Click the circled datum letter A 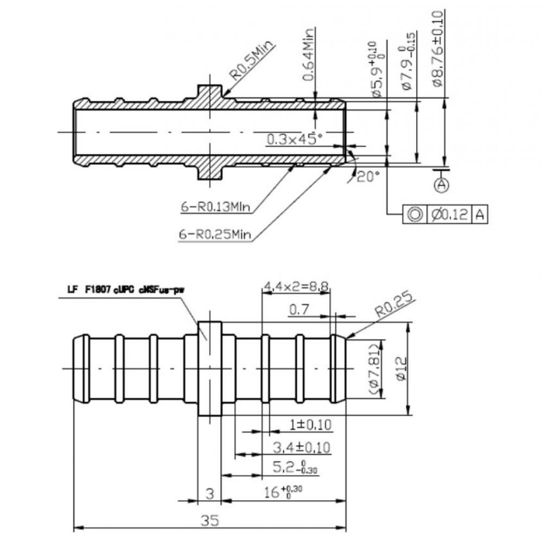coord(442,184)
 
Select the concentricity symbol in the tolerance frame coord(415,215)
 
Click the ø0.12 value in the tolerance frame coord(450,215)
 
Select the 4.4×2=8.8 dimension coord(296,286)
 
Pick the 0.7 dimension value coord(299,310)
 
